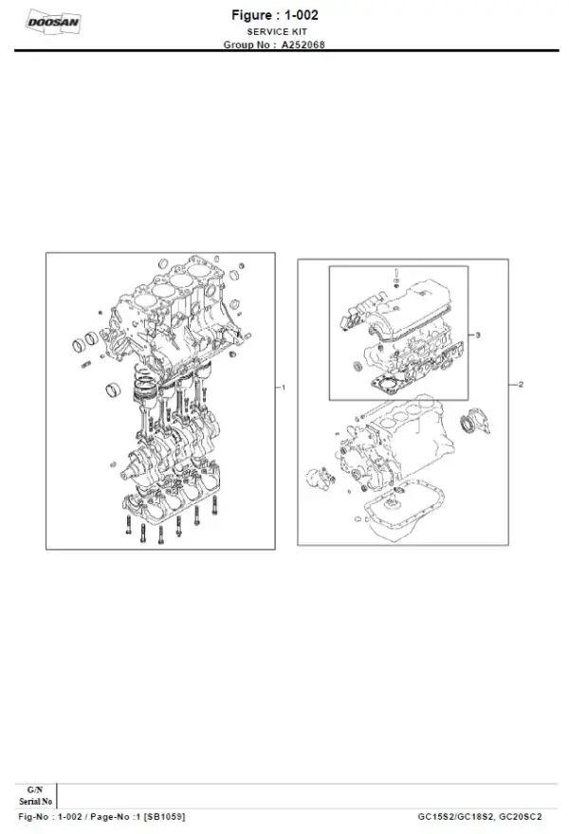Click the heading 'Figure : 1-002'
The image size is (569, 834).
click(x=284, y=16)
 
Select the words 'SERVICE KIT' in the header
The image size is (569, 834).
click(x=284, y=31)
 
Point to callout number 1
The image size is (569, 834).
click(x=284, y=388)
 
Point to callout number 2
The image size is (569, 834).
click(x=521, y=385)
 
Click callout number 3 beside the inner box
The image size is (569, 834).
click(x=479, y=335)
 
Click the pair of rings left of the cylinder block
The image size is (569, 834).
click(x=86, y=340)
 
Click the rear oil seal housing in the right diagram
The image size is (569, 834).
click(x=471, y=426)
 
